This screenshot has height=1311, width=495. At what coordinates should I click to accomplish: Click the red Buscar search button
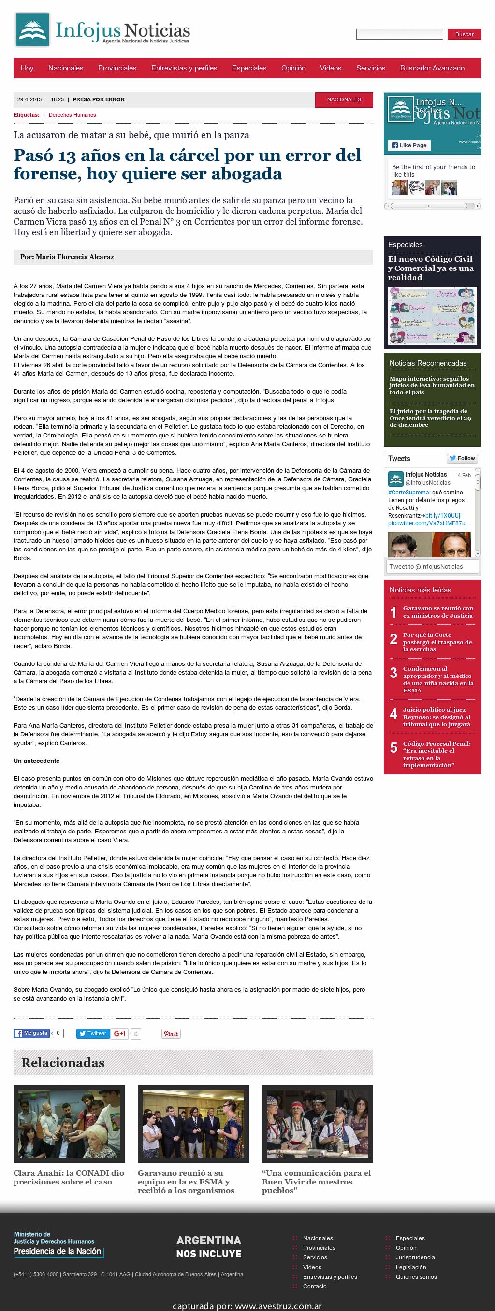(x=464, y=34)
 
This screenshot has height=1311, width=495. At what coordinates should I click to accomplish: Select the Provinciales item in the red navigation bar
(x=117, y=68)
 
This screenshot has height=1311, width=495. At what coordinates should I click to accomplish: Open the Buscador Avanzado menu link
(x=432, y=68)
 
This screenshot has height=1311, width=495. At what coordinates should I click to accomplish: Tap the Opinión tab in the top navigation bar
(x=293, y=68)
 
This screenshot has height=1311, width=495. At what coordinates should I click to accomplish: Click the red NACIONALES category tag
(x=344, y=100)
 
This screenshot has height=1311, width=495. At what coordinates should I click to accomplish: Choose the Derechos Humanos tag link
(x=73, y=115)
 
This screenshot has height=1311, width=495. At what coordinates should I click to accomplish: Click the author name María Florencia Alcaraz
(x=75, y=257)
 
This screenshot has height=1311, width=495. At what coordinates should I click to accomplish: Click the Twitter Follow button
(x=462, y=459)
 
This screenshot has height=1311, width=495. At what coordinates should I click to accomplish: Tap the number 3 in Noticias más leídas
(x=393, y=673)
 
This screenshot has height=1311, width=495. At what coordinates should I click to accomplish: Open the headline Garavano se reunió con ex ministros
(x=438, y=612)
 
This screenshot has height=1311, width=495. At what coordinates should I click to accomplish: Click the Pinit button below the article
(x=171, y=1034)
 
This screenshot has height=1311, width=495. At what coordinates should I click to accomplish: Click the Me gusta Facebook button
(x=31, y=1033)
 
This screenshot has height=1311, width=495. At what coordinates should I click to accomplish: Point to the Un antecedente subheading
(x=37, y=761)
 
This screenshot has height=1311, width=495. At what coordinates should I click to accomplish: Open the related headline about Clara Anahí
(x=69, y=1177)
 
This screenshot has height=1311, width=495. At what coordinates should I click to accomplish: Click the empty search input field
(x=399, y=35)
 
